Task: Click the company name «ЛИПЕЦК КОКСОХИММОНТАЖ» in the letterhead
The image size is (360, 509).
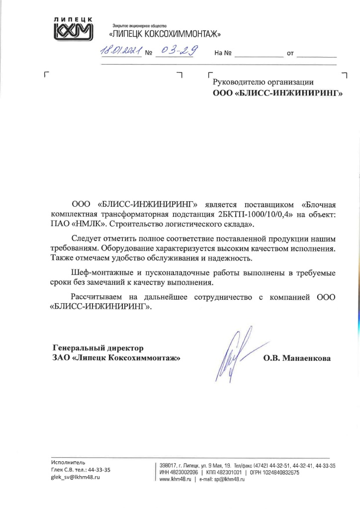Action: pos(165,34)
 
